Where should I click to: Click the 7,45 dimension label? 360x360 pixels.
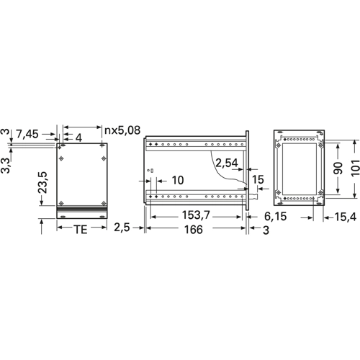click(x=27, y=134)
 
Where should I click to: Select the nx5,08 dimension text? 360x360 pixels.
click(x=122, y=130)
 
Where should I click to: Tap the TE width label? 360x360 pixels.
click(x=81, y=230)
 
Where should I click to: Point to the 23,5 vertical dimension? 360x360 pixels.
click(x=42, y=182)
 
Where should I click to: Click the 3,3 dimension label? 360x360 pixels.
click(x=6, y=166)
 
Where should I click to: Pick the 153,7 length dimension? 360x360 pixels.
click(x=196, y=215)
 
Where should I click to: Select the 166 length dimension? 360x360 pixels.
click(x=194, y=230)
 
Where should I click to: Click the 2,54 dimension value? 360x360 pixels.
click(x=227, y=163)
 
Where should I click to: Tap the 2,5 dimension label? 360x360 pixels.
click(x=122, y=228)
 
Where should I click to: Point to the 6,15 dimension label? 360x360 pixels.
click(x=276, y=217)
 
